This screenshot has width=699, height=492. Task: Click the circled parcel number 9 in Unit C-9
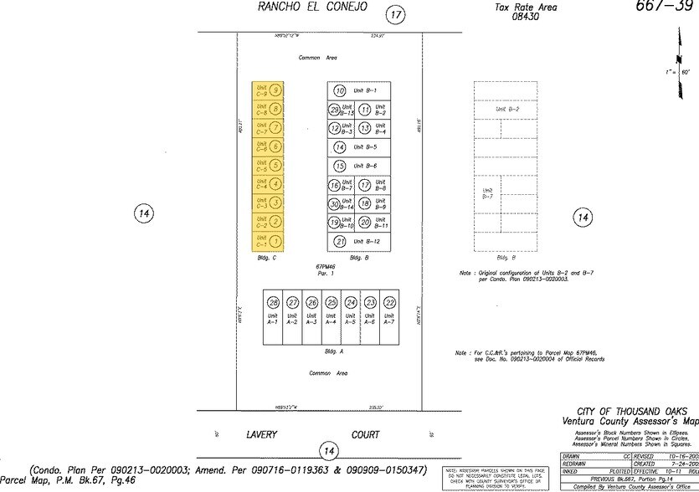click(276, 90)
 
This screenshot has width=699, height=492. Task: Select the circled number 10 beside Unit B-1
click(340, 90)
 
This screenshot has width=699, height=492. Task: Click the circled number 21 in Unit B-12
click(340, 242)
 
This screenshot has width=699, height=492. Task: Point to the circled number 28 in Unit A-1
click(273, 302)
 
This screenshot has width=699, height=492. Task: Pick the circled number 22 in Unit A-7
click(390, 302)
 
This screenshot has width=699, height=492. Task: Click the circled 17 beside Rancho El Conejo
click(395, 14)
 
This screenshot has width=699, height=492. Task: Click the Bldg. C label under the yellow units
click(268, 258)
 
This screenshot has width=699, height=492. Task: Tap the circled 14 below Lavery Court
click(332, 452)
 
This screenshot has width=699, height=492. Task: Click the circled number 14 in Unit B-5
click(340, 147)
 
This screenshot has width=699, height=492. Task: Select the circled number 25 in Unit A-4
click(332, 302)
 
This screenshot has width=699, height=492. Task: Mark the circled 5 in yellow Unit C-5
click(276, 166)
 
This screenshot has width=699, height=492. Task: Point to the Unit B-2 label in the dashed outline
click(507, 110)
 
